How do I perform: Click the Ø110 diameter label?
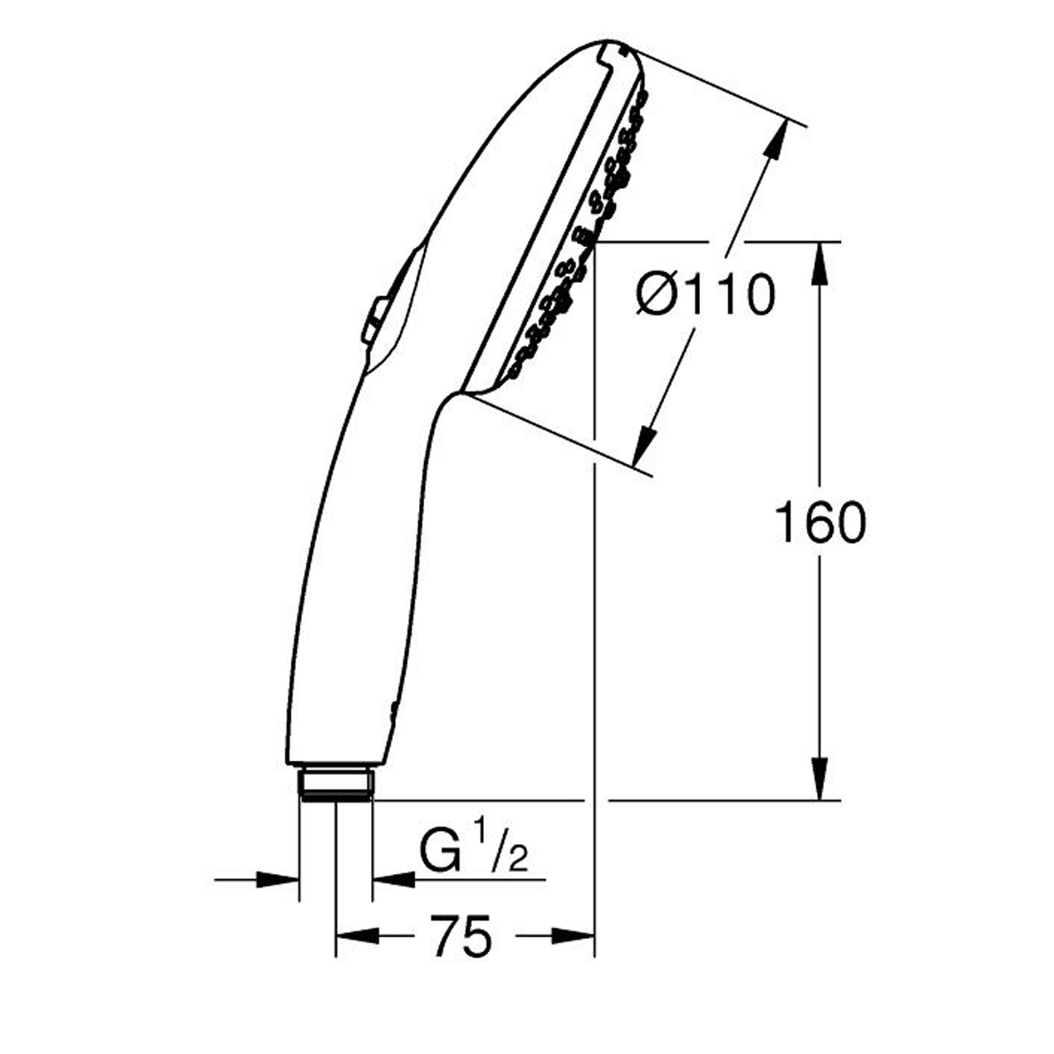(x=705, y=295)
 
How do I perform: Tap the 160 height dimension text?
(x=820, y=523)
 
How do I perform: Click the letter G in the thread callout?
(x=440, y=851)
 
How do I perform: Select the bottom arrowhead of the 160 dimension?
(x=819, y=778)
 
